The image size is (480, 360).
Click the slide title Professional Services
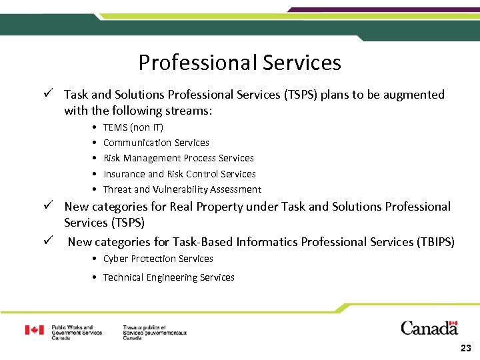(x=239, y=63)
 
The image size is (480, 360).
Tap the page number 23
(x=465, y=349)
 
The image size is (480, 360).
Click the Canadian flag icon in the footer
(x=35, y=330)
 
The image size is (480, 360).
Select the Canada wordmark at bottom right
(x=429, y=328)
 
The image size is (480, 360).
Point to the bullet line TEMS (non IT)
(x=133, y=127)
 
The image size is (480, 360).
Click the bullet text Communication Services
(x=156, y=143)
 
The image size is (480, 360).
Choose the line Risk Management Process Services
(x=178, y=158)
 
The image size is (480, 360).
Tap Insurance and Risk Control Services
(x=179, y=174)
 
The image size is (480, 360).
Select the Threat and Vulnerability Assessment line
(x=182, y=189)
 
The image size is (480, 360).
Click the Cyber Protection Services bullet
(x=158, y=259)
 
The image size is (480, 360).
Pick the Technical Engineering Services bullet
(x=169, y=277)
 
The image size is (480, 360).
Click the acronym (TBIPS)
(x=435, y=242)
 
